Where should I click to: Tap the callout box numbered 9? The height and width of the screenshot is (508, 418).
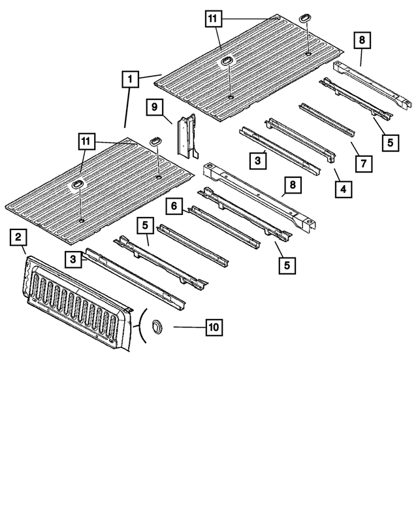(154, 107)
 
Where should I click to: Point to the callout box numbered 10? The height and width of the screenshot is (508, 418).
(213, 326)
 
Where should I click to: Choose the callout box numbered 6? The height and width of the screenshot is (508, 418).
(174, 207)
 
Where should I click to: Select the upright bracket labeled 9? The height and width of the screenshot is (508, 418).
(188, 134)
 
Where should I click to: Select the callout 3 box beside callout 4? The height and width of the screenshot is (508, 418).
(259, 159)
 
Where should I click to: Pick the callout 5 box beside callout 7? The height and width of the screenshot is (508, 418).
(389, 141)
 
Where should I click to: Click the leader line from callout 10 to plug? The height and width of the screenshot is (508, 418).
(183, 326)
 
